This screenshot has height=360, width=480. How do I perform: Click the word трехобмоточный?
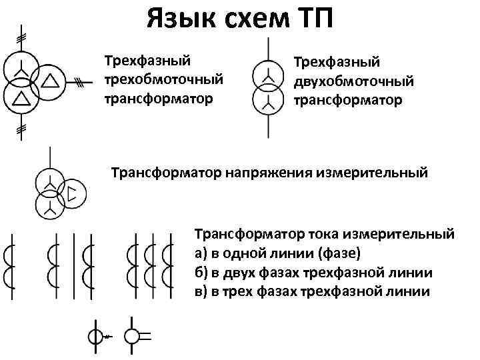coord(163,80)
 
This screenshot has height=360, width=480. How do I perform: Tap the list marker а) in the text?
coord(202,253)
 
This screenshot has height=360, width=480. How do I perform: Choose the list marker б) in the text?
coord(202,273)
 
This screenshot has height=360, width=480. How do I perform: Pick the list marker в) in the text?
coord(202,292)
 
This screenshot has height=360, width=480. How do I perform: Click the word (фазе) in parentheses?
coord(341,253)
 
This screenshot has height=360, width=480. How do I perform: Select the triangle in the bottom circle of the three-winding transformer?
coord(21,99)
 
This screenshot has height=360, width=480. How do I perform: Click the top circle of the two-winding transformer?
coord(269,77)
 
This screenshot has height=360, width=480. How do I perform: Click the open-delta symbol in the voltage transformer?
coord(72,195)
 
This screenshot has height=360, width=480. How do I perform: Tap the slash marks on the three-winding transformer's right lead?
coord(80,82)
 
